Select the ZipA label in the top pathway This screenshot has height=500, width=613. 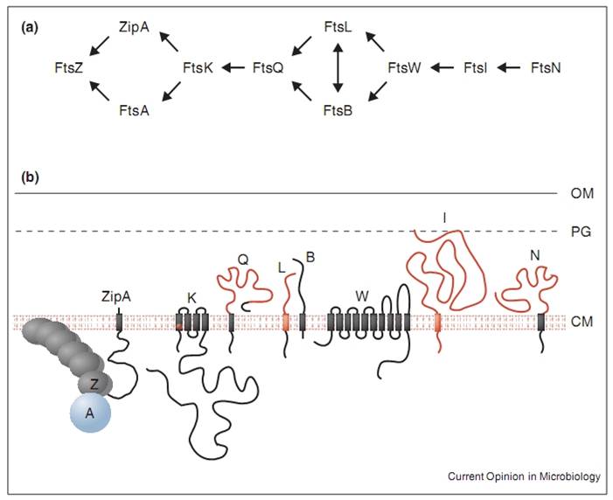pos(134,28)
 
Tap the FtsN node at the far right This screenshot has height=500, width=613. pos(547,66)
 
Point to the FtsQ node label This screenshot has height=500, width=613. pos(268,66)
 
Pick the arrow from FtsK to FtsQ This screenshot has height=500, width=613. pos(231,66)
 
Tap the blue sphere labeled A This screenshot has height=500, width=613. pos(90,415)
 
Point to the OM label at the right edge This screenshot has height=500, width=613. pos(578,192)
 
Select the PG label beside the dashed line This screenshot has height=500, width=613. pos(577,232)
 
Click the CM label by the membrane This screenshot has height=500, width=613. pos(578,323)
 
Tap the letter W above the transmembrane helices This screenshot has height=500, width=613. pos(360,295)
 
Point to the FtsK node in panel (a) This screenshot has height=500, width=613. pos(196,66)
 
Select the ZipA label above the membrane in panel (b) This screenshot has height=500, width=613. pos(117,295)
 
